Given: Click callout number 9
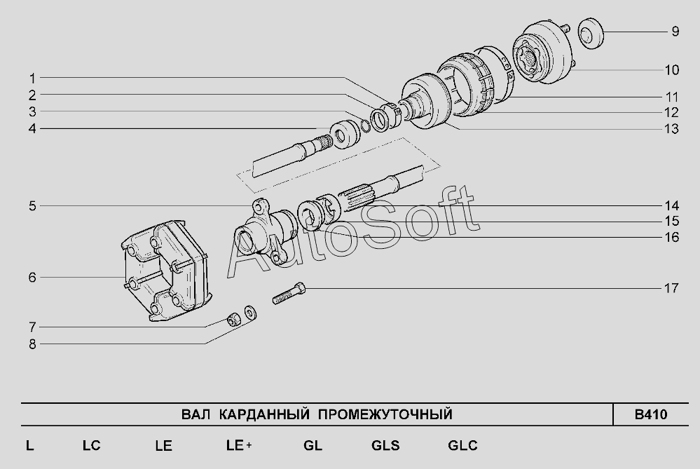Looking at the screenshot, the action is click(675, 32).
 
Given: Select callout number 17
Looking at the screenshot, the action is click(671, 288).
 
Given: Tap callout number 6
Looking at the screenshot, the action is click(32, 278).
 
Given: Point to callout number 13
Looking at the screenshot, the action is click(672, 128).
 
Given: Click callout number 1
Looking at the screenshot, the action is click(32, 79).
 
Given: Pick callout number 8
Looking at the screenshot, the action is click(32, 344).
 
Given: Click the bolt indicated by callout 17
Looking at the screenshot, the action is click(289, 294).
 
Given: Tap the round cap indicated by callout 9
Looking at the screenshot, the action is click(591, 34).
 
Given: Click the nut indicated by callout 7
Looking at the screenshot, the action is click(232, 319).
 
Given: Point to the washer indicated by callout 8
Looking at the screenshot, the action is click(250, 312).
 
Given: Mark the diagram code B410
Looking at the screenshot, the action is click(650, 414).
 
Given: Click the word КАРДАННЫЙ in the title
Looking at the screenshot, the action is click(264, 414).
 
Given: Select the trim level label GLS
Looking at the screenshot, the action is click(385, 445).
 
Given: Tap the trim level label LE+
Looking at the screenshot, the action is click(239, 445).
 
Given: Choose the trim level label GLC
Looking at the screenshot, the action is click(462, 445).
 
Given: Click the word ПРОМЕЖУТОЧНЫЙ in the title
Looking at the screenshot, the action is click(385, 414).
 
